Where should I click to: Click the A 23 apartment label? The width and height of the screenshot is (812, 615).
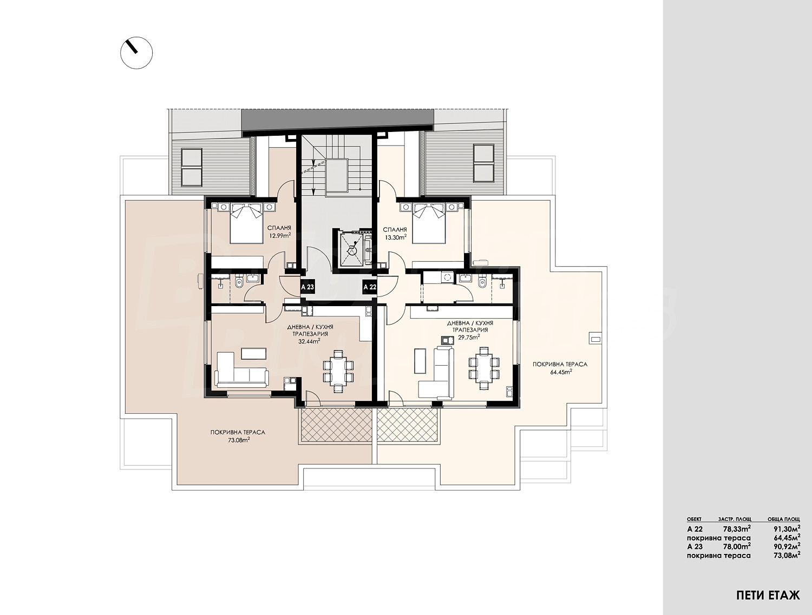[x=307, y=287]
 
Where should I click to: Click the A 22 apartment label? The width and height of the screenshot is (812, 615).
[x=370, y=287]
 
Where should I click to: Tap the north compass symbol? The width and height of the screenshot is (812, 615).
[x=137, y=53]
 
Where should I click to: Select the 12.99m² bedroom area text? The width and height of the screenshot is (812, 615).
[x=279, y=235]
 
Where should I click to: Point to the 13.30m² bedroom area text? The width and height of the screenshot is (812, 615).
[x=396, y=237]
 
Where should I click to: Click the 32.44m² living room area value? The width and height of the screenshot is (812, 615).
[x=309, y=341]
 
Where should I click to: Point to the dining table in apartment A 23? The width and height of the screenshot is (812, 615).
[x=338, y=371]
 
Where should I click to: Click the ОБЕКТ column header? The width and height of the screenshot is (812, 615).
[x=693, y=519]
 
